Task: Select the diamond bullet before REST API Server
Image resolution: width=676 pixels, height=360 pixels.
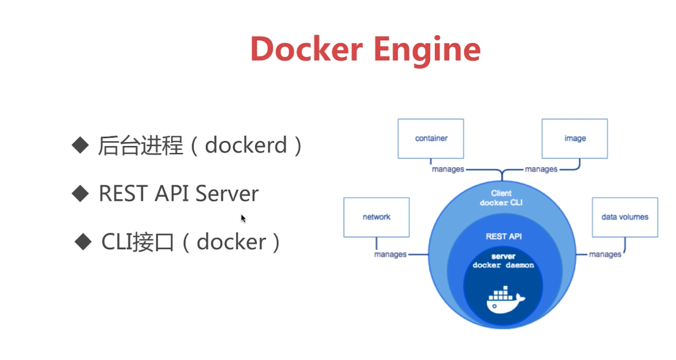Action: (80, 193)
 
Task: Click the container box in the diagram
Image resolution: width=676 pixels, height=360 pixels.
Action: (431, 139)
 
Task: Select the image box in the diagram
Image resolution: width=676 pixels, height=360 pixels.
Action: (574, 139)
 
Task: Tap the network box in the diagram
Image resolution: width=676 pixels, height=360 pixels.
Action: (376, 217)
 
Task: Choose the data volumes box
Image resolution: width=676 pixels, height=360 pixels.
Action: (624, 217)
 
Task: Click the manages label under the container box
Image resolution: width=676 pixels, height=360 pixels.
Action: (448, 170)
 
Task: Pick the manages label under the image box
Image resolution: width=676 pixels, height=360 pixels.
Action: (541, 170)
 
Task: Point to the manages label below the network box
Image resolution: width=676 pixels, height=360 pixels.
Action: (390, 254)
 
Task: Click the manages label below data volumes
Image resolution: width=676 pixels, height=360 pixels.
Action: (605, 254)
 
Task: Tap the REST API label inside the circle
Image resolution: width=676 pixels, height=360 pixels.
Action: (504, 237)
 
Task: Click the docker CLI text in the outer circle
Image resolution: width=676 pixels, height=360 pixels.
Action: (501, 203)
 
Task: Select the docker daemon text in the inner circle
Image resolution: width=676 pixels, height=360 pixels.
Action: (503, 265)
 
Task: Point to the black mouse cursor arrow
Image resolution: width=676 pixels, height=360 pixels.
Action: (243, 218)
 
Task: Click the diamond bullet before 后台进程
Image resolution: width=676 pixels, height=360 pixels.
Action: (80, 145)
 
